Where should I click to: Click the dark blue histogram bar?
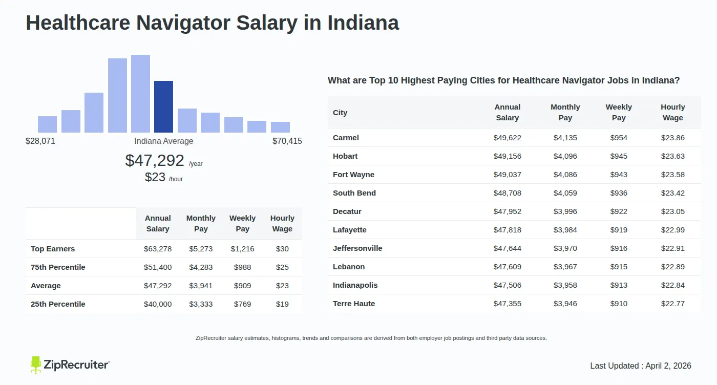(x=163, y=106)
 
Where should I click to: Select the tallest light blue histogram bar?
(x=140, y=94)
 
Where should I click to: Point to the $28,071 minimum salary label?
(x=40, y=141)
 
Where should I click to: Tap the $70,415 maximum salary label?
(x=287, y=141)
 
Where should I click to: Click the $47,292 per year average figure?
(x=155, y=160)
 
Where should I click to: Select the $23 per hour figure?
(x=155, y=177)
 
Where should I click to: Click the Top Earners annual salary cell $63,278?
(x=158, y=249)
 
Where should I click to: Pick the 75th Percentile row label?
(x=58, y=267)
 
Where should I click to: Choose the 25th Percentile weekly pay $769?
(x=242, y=304)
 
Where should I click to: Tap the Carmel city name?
(x=346, y=138)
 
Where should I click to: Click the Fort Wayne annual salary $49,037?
(x=507, y=175)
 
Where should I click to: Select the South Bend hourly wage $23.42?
(x=672, y=193)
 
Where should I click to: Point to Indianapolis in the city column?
(x=355, y=285)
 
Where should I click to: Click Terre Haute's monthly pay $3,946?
(x=565, y=304)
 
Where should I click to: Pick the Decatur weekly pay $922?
(x=619, y=211)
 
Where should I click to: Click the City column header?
(x=340, y=113)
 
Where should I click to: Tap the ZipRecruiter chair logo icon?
(x=35, y=365)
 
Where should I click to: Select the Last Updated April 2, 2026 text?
(x=640, y=366)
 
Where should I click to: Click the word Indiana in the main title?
(x=363, y=23)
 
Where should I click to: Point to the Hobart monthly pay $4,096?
(x=565, y=156)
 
